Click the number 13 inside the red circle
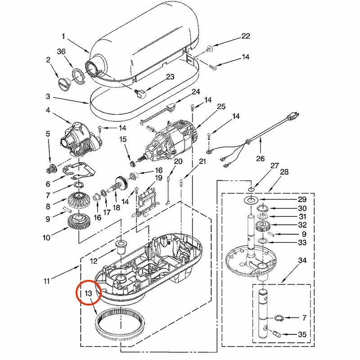click(89, 293)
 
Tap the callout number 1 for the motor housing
click(63, 36)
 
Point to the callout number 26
click(261, 158)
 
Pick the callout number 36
click(61, 52)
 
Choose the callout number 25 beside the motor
click(221, 107)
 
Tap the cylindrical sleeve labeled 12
click(120, 247)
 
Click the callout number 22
click(245, 36)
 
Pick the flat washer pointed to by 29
click(250, 199)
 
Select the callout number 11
click(47, 282)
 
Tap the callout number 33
click(302, 243)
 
